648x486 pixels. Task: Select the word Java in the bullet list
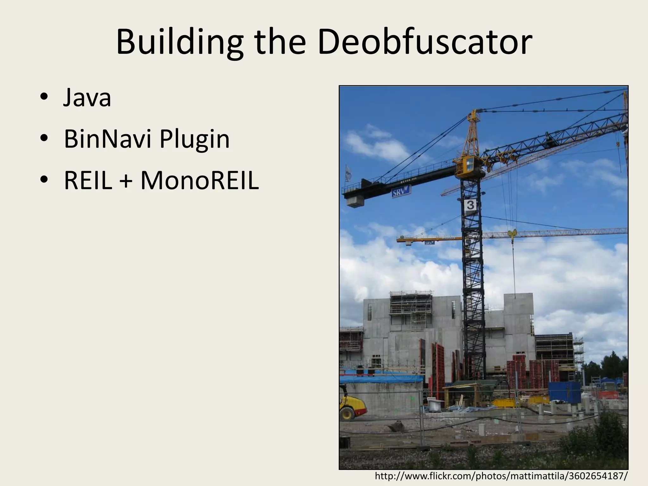click(87, 98)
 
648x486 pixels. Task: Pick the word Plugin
click(194, 140)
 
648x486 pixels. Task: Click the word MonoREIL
click(200, 181)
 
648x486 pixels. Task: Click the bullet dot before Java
click(44, 97)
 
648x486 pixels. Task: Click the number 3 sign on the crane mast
click(470, 205)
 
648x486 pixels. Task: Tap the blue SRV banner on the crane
click(401, 192)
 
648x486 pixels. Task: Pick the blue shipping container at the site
click(564, 392)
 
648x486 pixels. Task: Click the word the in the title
click(280, 42)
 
